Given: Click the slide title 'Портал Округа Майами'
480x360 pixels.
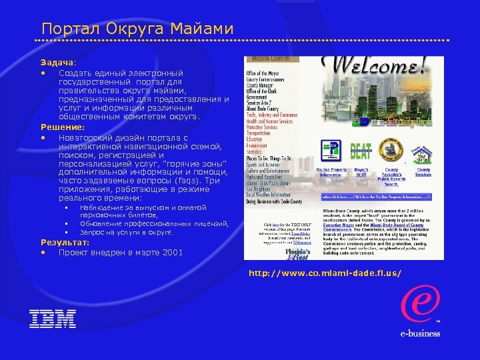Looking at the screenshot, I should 137,29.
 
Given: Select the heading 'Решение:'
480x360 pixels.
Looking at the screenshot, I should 63,127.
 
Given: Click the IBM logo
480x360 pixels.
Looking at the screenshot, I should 53,319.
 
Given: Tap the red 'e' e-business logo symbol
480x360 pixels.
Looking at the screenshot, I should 419,295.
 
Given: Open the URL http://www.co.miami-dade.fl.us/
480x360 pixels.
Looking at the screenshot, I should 325,273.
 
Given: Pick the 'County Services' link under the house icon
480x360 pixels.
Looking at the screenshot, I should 423,173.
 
